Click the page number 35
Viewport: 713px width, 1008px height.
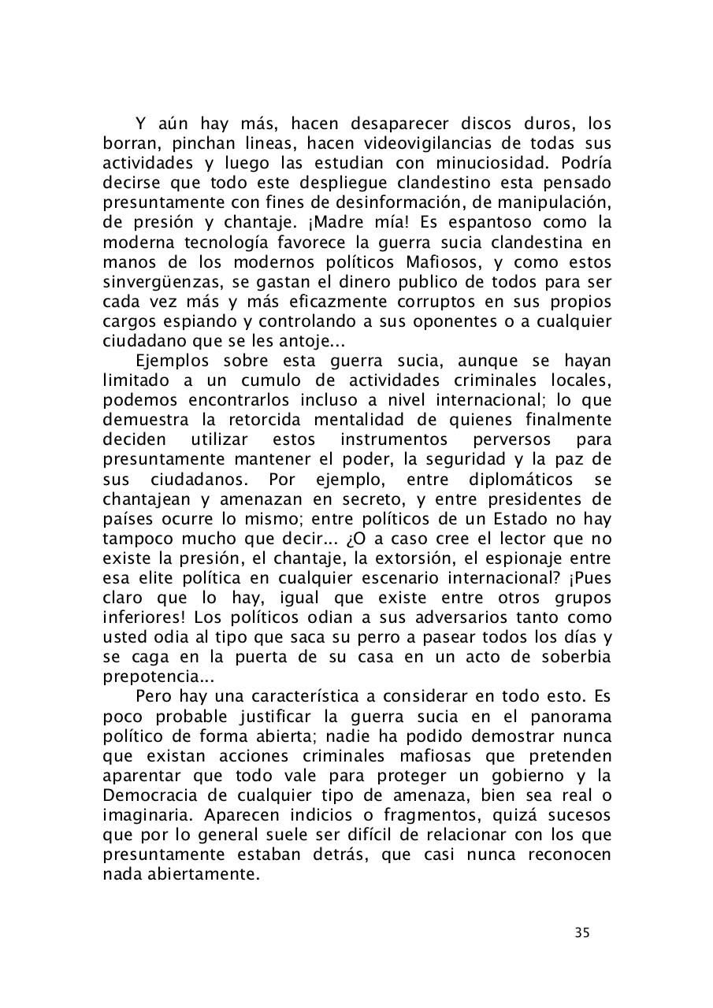(x=581, y=933)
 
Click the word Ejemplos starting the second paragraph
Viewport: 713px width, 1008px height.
(x=173, y=361)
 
